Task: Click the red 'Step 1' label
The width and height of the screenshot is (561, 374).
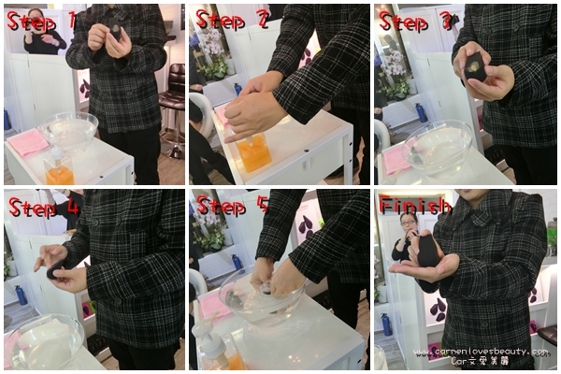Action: point(41,21)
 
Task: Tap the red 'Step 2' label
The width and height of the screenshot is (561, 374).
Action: point(232,20)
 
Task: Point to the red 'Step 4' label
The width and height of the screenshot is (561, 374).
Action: point(44,207)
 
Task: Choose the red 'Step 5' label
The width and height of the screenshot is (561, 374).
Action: point(232,206)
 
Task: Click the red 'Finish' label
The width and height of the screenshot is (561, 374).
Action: point(414,205)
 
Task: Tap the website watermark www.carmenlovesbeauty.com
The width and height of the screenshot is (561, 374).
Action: point(481,352)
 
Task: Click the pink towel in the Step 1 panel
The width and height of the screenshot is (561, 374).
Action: point(29,142)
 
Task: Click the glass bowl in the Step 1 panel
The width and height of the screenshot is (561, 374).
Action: point(68,133)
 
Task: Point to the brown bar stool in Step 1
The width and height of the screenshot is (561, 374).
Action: point(173,108)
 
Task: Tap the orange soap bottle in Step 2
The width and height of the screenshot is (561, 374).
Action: point(253,151)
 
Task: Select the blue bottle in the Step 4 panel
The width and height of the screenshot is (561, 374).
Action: point(21,295)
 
